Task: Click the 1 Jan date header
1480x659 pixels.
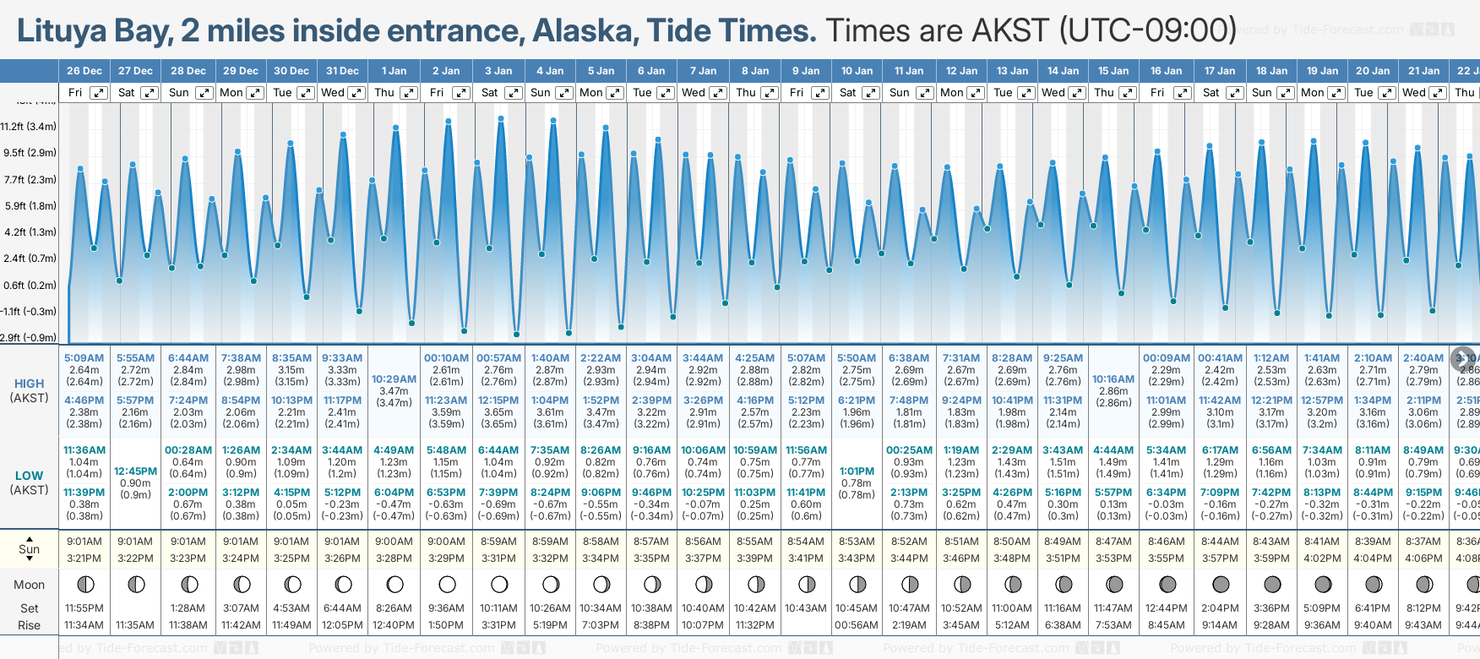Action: [x=394, y=71]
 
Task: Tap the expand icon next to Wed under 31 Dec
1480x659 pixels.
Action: [x=356, y=93]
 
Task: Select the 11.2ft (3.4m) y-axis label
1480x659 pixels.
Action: [x=29, y=127]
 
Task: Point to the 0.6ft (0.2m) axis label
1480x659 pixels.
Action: [x=29, y=285]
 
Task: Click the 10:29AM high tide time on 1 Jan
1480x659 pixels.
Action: [x=394, y=379]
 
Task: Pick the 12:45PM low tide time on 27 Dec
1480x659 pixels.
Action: [x=135, y=471]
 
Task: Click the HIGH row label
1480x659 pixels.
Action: [x=29, y=384]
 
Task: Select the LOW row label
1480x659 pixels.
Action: [x=29, y=476]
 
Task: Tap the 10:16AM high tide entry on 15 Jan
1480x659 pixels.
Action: [x=1113, y=379]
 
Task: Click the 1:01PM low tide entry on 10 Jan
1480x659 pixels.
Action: [x=857, y=471]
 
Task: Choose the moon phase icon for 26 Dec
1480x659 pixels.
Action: [x=84, y=584]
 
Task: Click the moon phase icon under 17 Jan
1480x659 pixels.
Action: [x=1220, y=584]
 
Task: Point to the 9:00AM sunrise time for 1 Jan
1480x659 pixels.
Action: [x=394, y=542]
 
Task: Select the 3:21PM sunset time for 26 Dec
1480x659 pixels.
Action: [x=84, y=558]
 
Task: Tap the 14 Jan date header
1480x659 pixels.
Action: [x=1063, y=71]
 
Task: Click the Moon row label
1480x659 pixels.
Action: [x=29, y=585]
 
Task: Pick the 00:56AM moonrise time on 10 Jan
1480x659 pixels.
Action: [x=857, y=625]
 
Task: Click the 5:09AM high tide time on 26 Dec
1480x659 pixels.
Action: [x=84, y=358]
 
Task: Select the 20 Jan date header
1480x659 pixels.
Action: [x=1372, y=71]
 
